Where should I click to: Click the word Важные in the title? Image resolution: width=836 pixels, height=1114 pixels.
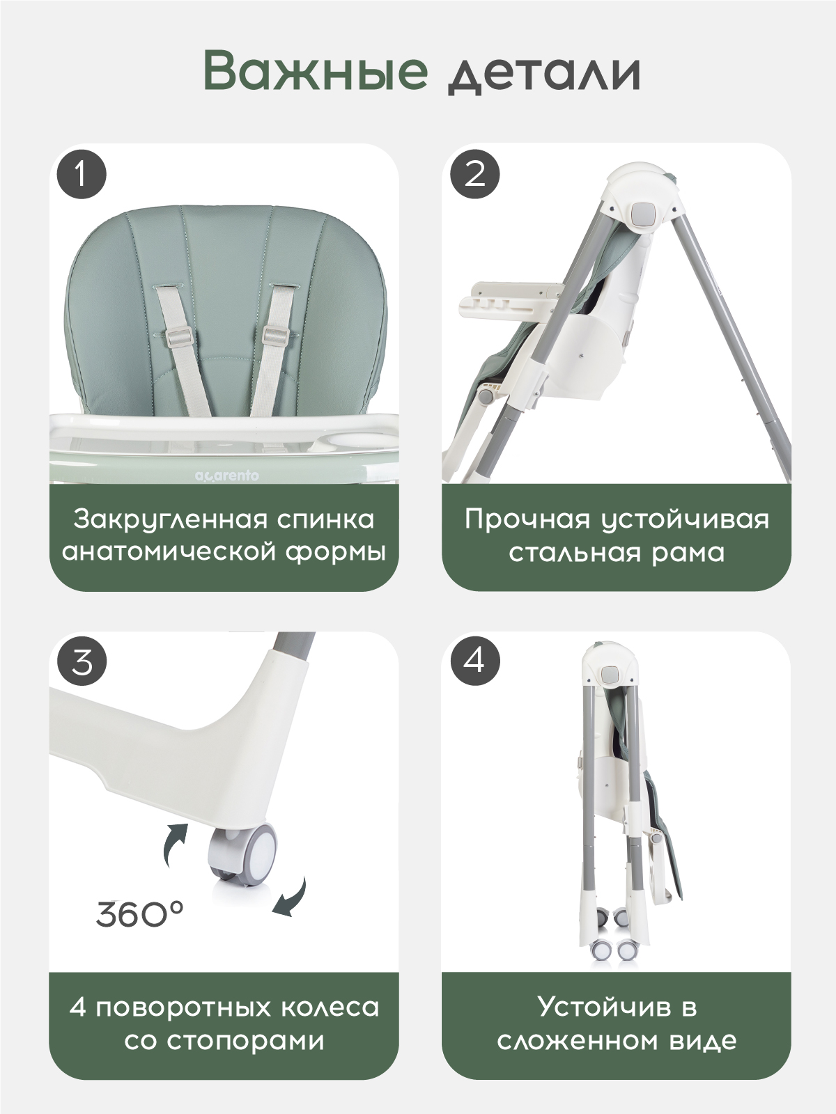click(316, 71)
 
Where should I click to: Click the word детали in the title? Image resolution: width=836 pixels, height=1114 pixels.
click(544, 76)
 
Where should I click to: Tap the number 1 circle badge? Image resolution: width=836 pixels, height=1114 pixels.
click(82, 175)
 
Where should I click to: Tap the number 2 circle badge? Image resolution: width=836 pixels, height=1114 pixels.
click(475, 175)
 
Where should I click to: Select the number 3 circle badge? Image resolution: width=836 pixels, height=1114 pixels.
click(82, 662)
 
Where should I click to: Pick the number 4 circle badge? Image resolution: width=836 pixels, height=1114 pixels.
click(475, 662)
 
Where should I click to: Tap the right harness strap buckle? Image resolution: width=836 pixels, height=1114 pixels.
click(277, 335)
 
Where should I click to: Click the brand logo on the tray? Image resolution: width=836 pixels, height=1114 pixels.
click(227, 476)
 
